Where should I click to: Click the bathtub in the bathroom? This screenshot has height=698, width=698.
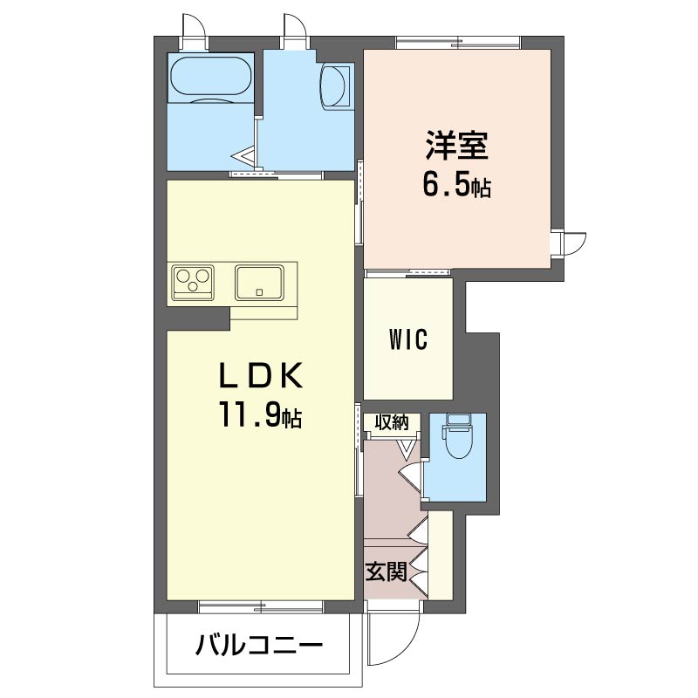click(210, 75)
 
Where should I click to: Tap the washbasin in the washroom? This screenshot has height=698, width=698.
click(334, 86)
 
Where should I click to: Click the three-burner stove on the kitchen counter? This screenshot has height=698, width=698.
click(193, 282)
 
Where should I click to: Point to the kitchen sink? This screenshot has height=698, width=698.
click(259, 282)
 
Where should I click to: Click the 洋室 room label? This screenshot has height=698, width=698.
click(456, 145)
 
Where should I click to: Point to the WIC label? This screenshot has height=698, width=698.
click(408, 339)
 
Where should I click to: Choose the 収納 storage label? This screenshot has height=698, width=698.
click(391, 422)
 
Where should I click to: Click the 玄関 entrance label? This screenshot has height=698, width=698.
click(386, 572)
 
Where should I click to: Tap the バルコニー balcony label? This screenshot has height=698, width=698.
click(258, 645)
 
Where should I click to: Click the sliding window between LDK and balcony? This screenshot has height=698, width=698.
click(260, 606)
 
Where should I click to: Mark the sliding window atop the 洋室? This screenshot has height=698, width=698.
click(458, 43)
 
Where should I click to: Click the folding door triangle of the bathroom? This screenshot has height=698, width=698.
click(244, 157)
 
